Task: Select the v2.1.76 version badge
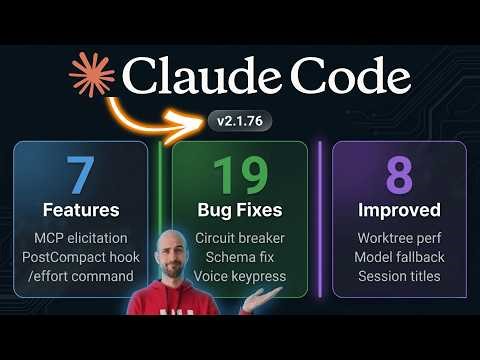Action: (x=239, y=121)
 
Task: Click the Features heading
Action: (x=81, y=211)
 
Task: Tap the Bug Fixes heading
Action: (x=239, y=211)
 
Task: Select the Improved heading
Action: (x=398, y=211)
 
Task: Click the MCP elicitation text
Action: (x=81, y=239)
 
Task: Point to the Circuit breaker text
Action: (x=239, y=239)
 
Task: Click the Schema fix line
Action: (x=239, y=257)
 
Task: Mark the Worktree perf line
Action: (x=398, y=239)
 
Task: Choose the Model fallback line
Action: (x=398, y=257)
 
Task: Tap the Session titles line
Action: (x=398, y=275)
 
